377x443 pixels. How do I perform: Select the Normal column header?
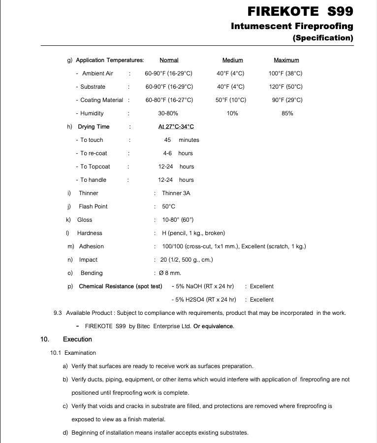pyautogui.click(x=169, y=60)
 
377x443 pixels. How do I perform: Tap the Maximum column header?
pyautogui.click(x=286, y=60)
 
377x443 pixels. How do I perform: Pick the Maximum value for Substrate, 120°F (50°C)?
pyautogui.click(x=285, y=87)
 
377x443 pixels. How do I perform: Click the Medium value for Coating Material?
pyautogui.click(x=230, y=100)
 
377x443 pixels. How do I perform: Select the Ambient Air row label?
pyautogui.click(x=97, y=73)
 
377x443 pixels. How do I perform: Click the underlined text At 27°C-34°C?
pyautogui.click(x=169, y=127)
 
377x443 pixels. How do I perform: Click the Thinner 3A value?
pyautogui.click(x=176, y=193)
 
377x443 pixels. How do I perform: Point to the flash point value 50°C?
pyautogui.click(x=168, y=206)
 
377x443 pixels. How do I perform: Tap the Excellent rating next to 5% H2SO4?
pyautogui.click(x=261, y=300)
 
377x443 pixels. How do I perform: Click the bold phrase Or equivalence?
pyautogui.click(x=214, y=326)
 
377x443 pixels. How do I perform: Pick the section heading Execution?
pyautogui.click(x=77, y=340)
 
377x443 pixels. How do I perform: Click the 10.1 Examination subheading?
pyautogui.click(x=73, y=353)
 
